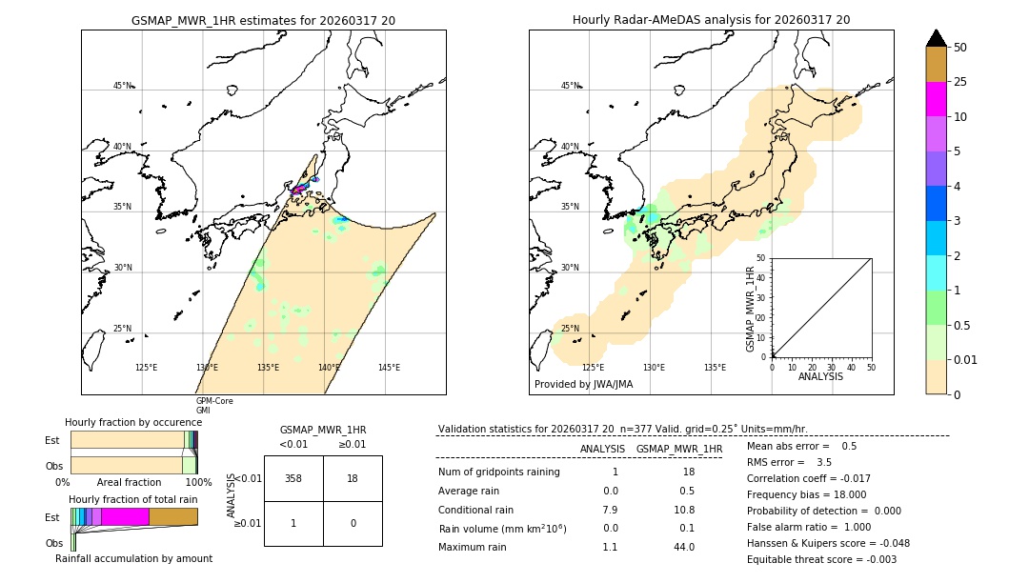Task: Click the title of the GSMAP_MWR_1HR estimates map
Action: point(263,20)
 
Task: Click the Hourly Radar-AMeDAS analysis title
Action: point(711,20)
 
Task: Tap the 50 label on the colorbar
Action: point(960,47)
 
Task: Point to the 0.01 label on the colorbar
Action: point(966,359)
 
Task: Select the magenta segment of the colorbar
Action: point(936,99)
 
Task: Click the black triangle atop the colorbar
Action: point(936,38)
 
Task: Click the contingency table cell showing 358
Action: point(293,478)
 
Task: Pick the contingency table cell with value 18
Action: point(353,478)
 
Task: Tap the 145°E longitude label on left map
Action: point(389,368)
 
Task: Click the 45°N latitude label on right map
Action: point(570,86)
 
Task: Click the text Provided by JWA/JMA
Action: point(583,384)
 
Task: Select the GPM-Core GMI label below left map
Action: point(214,406)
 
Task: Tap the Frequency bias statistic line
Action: point(806,494)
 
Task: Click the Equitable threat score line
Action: point(821,559)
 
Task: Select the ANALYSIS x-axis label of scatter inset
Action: point(820,376)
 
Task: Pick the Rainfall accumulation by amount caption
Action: point(133,558)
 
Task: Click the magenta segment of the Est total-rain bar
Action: point(125,516)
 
